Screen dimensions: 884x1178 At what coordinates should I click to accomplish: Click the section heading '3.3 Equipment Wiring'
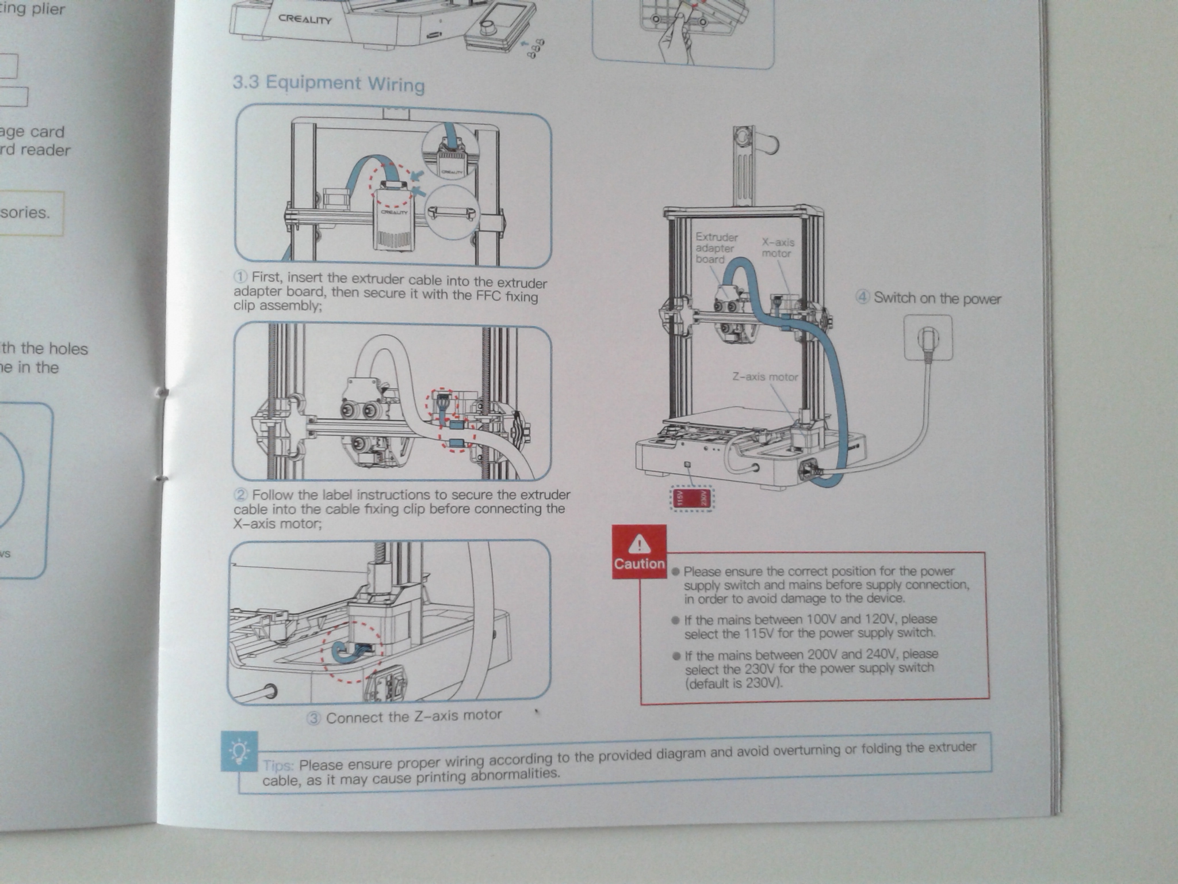click(328, 83)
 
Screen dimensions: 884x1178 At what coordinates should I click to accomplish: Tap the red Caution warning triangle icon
click(639, 543)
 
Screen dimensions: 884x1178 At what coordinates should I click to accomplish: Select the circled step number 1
click(241, 277)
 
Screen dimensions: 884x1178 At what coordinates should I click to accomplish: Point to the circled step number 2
click(241, 495)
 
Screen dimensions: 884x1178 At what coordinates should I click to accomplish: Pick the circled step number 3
click(314, 719)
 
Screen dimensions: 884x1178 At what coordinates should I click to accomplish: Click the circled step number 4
click(862, 298)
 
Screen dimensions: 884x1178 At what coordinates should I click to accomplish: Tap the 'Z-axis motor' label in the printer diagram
click(764, 377)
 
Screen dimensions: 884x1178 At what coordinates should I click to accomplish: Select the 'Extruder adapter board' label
click(716, 248)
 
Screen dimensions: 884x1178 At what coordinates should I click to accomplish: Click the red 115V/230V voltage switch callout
click(692, 498)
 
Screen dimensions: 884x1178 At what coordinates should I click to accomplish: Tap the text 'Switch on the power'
click(937, 298)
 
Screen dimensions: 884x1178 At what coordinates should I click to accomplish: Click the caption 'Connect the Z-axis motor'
click(414, 717)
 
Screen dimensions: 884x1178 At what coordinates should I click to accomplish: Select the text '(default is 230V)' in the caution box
click(733, 684)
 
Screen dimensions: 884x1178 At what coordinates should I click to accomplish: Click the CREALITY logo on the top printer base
click(305, 19)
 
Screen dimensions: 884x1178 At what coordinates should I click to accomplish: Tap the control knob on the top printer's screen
click(490, 27)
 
